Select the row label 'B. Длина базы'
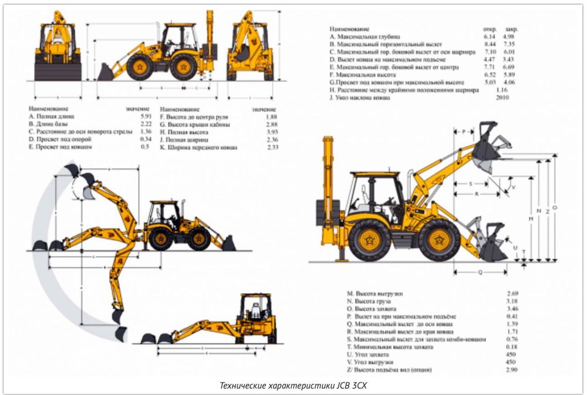(x=48, y=125)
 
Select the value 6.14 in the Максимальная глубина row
(x=490, y=36)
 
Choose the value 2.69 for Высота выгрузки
(x=513, y=293)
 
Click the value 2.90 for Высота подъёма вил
(x=513, y=370)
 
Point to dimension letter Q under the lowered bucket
(x=480, y=272)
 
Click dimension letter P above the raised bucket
(x=463, y=132)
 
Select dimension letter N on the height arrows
(x=538, y=210)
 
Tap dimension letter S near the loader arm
(x=471, y=184)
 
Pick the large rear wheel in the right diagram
(x=369, y=240)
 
